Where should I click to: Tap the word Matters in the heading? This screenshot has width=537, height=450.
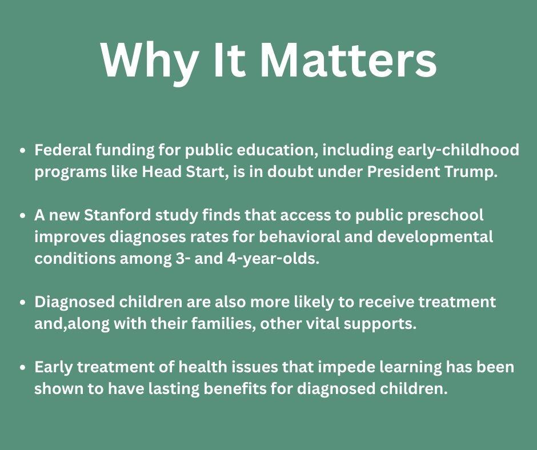[348, 59]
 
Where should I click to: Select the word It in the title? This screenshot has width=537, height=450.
[229, 59]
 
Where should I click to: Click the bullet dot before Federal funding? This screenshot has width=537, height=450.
[22, 151]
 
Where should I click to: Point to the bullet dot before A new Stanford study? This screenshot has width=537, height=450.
[22, 216]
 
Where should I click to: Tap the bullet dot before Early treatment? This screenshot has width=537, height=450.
[22, 368]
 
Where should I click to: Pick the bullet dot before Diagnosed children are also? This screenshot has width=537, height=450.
[22, 303]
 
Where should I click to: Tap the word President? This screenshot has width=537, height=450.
[403, 172]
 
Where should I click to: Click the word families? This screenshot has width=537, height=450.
[223, 324]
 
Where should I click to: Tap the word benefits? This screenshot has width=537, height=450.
[282, 389]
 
